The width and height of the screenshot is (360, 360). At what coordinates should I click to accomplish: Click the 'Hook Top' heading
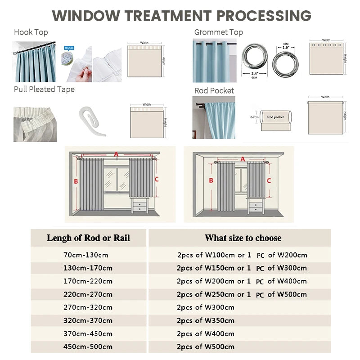(31, 32)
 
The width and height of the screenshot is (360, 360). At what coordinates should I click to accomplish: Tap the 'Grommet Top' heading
(218, 32)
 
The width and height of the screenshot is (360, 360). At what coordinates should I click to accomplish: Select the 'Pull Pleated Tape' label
(44, 89)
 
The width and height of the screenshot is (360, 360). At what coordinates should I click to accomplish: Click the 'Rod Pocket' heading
(214, 90)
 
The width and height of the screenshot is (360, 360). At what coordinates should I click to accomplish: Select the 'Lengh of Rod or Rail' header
(88, 238)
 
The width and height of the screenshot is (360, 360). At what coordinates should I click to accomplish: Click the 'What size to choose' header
(243, 238)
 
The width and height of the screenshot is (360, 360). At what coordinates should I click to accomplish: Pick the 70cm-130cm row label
(86, 255)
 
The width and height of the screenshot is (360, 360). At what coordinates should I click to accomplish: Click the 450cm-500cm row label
(88, 347)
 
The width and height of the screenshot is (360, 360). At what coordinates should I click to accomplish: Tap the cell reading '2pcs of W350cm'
(205, 321)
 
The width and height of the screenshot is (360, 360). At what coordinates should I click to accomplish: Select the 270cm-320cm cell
(88, 308)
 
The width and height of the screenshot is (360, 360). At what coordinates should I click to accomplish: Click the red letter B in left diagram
(76, 182)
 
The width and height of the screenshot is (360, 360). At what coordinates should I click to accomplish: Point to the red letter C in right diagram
(269, 180)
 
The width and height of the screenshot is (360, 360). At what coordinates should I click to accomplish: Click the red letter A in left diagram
(116, 154)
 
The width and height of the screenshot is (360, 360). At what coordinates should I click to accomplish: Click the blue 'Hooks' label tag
(69, 48)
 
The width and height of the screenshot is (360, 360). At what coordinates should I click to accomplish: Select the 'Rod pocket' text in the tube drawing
(275, 117)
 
